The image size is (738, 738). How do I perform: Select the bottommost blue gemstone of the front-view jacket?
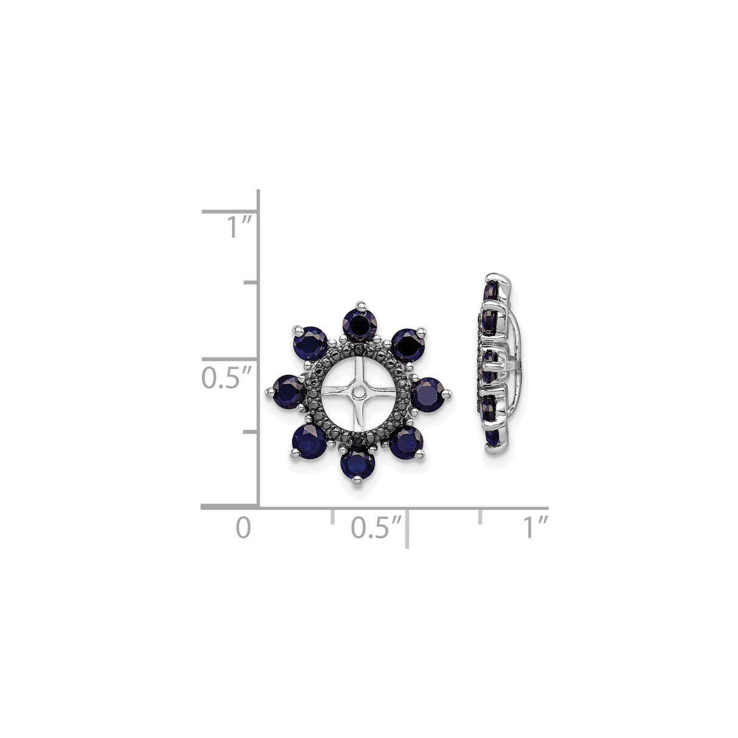pyautogui.click(x=357, y=464)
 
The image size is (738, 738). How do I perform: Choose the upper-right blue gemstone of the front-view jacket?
pyautogui.click(x=407, y=345)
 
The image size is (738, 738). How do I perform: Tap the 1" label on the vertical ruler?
pyautogui.click(x=239, y=229)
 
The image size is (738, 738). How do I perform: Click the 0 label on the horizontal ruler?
pyautogui.click(x=243, y=527)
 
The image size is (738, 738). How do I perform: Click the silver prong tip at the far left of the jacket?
pyautogui.click(x=269, y=391)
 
